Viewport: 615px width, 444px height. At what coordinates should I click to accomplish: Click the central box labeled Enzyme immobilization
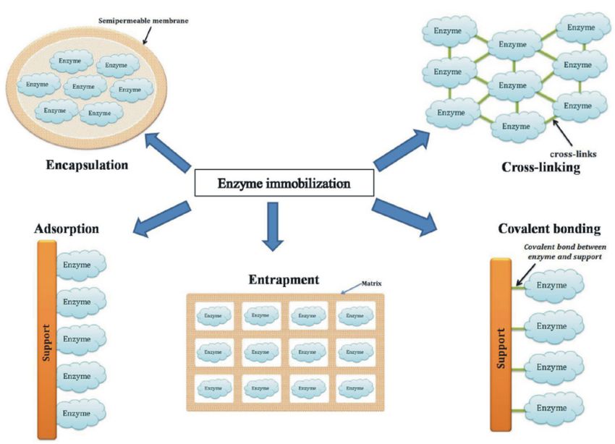284,183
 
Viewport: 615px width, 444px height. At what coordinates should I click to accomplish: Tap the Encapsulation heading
87,165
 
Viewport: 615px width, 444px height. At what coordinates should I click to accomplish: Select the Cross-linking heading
541,167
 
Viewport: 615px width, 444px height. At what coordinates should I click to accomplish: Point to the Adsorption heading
67,229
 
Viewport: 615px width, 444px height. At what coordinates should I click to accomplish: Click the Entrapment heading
284,280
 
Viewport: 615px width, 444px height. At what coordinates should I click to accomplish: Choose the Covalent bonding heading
549,229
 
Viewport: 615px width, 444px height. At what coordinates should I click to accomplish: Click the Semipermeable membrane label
143,21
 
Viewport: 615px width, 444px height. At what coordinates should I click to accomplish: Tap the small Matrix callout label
371,283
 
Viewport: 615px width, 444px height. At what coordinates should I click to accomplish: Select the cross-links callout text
573,154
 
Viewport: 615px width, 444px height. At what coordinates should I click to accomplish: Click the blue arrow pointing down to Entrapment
273,226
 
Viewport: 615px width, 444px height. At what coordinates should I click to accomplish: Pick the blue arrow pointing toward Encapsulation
167,152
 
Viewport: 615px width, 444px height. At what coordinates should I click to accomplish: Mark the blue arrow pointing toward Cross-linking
402,150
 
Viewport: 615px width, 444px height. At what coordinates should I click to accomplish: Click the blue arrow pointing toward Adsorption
161,219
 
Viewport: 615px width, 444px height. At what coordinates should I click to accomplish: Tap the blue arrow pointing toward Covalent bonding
404,217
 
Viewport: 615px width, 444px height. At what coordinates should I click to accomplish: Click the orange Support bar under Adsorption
47,339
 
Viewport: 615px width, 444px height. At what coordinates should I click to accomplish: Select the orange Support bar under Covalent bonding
501,345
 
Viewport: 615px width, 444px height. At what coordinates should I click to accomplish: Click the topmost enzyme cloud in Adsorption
81,265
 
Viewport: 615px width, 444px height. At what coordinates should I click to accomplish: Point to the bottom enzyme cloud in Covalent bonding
553,409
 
